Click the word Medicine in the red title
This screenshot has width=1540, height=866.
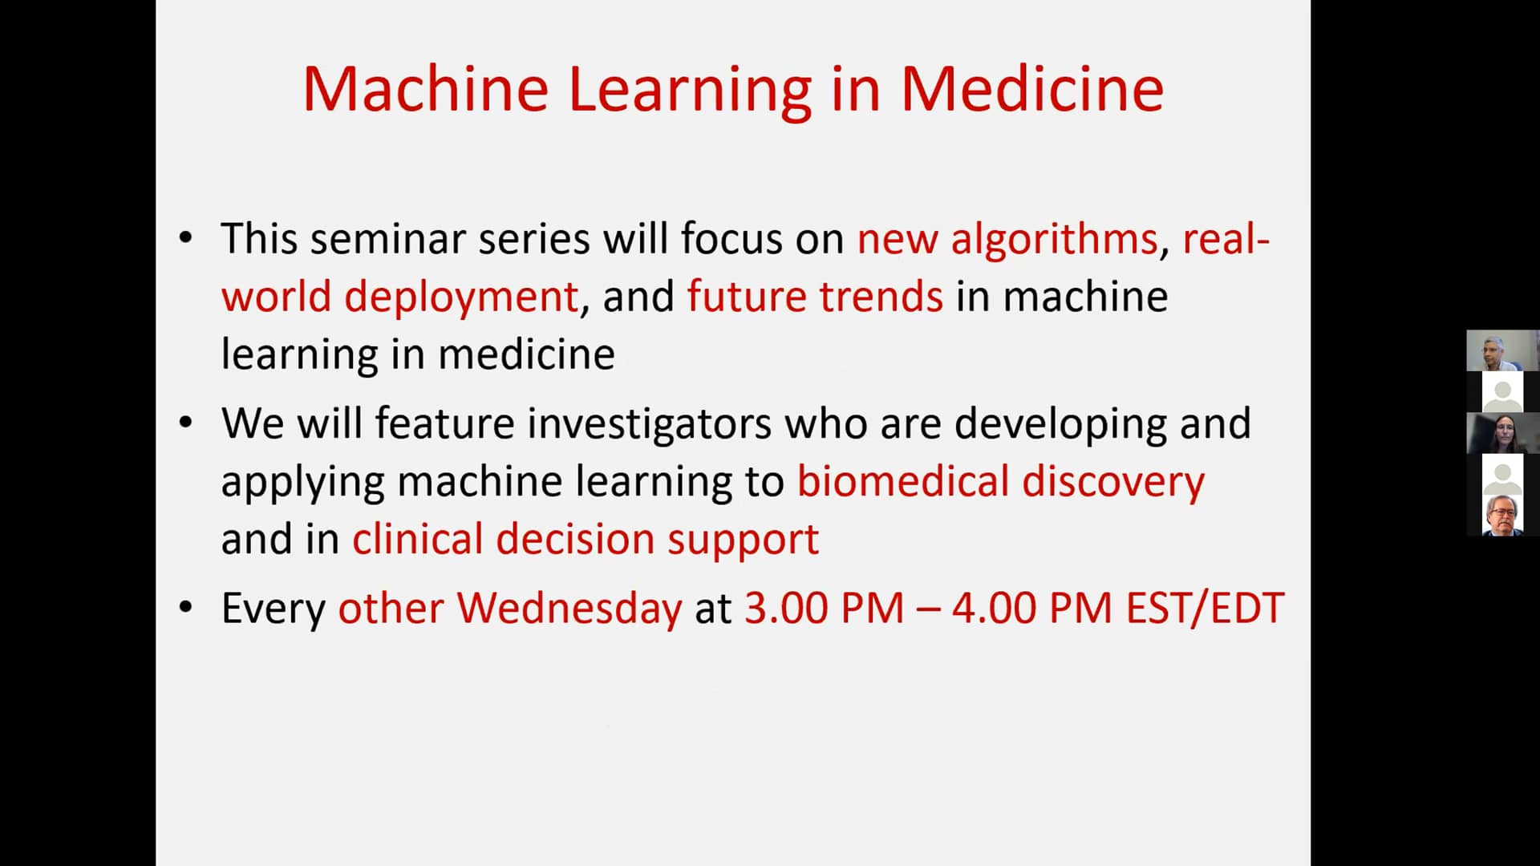coord(1031,88)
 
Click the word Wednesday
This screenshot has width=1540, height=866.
coord(569,609)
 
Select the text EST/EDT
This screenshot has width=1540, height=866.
coord(1205,609)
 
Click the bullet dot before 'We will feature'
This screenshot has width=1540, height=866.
coord(186,423)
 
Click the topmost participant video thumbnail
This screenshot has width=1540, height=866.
coord(1502,350)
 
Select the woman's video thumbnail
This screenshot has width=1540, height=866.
coord(1502,433)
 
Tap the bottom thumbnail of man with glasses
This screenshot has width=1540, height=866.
coord(1502,516)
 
